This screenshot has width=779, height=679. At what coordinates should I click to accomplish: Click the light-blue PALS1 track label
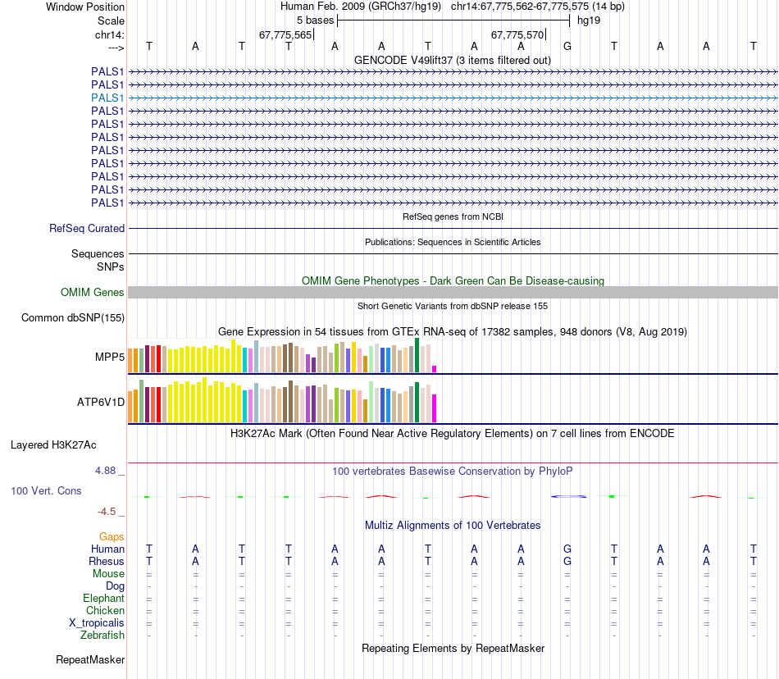[x=107, y=98]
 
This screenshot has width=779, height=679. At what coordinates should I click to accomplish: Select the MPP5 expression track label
[x=109, y=358]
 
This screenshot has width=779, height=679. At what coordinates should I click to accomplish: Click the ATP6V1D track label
[x=101, y=402]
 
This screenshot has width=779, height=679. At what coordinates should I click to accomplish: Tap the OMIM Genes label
[x=92, y=292]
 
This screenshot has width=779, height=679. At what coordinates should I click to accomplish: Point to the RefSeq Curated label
[x=87, y=229]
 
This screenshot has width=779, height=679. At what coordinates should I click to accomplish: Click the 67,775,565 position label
[x=285, y=35]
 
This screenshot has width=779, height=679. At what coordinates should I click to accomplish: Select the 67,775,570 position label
[x=517, y=35]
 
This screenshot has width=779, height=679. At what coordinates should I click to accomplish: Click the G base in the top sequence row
[x=567, y=47]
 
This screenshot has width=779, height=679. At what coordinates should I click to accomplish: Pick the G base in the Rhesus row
[x=567, y=562]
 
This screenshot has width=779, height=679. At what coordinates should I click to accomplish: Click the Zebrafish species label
[x=102, y=636]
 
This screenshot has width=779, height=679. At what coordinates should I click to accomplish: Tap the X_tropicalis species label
[x=97, y=623]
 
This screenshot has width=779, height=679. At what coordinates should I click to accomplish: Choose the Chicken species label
[x=105, y=611]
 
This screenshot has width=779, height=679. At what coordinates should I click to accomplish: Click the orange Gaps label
[x=112, y=536]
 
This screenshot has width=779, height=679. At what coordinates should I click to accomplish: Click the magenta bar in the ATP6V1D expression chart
[x=435, y=408]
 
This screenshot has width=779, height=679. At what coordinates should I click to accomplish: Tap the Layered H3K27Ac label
[x=53, y=445]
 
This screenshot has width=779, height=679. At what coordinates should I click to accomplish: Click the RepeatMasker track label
[x=90, y=659]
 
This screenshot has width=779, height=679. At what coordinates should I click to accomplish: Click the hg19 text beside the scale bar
[x=589, y=21]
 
